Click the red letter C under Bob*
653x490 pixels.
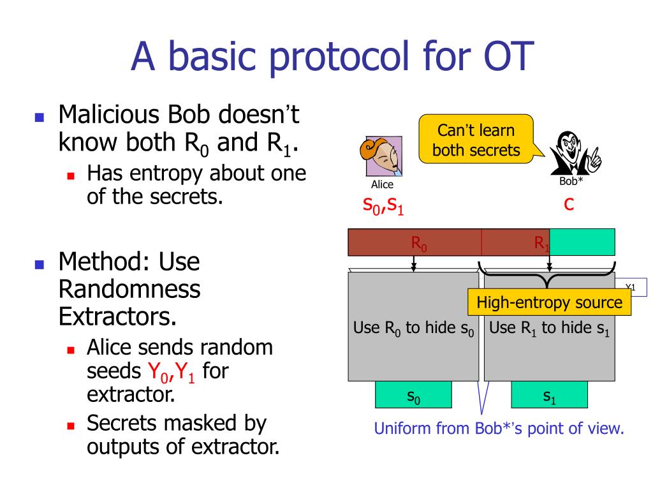pos(569,204)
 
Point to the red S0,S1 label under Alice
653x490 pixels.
pos(383,205)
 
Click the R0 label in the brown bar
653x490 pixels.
pos(418,243)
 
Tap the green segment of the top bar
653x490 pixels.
pos(582,242)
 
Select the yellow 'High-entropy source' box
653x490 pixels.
pos(549,302)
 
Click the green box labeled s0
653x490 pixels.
pos(413,394)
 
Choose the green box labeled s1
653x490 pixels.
pos(549,394)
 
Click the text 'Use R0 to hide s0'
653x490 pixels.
pos(413,329)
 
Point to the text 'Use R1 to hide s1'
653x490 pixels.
pos(549,329)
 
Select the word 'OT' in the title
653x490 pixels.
pos(508,56)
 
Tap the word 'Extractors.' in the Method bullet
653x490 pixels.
pos(117,316)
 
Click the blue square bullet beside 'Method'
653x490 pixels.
pos(40,264)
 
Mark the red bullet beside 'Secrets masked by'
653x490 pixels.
pos(71,426)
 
